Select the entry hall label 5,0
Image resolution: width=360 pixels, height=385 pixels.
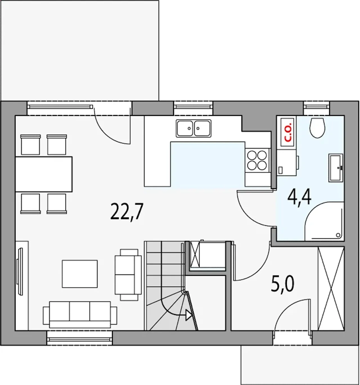[x=282, y=285]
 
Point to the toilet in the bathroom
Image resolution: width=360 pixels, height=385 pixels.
[x=317, y=128]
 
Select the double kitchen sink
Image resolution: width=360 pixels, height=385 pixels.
[x=193, y=128]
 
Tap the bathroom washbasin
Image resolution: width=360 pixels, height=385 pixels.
[x=336, y=168]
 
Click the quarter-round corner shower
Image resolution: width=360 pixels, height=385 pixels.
[x=324, y=221]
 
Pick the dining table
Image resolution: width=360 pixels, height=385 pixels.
[x=44, y=174]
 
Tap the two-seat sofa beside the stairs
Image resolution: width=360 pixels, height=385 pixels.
[x=128, y=275]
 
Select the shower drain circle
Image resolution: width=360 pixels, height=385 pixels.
[x=338, y=235]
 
